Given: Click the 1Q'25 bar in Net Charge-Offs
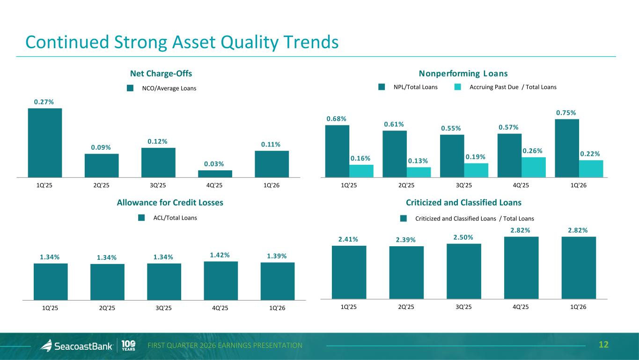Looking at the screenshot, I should [x=45, y=143].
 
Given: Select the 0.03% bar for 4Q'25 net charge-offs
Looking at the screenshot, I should [x=215, y=174].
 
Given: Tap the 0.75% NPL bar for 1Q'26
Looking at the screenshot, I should [x=566, y=148].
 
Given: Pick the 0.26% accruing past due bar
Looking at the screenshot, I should [x=534, y=167].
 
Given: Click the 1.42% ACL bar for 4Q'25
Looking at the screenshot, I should [x=220, y=280].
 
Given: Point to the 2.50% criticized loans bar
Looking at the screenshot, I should [x=463, y=271].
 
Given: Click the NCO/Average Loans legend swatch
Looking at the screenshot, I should [x=131, y=88].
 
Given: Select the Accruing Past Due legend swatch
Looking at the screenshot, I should [x=458, y=87].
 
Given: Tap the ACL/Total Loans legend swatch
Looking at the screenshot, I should [x=142, y=218].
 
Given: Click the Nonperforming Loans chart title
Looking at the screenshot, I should [x=463, y=73].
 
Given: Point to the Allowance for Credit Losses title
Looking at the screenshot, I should [x=170, y=203].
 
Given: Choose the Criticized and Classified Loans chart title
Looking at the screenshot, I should [x=463, y=203].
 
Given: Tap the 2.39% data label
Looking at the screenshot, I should [x=406, y=240].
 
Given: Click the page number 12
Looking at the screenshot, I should [x=604, y=345].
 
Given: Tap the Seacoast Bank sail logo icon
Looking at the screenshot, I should [x=46, y=345].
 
